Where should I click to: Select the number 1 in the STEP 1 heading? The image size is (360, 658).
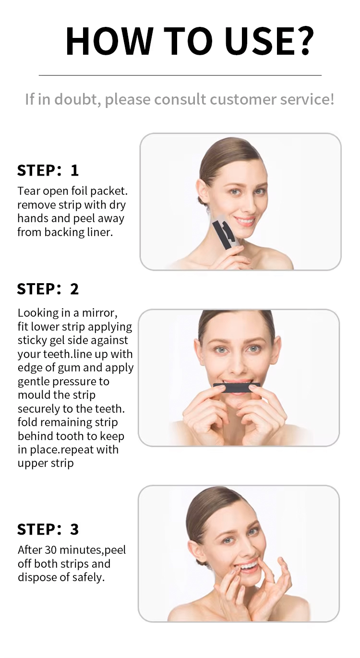[75, 170]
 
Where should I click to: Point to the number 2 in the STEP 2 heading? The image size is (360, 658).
[74, 289]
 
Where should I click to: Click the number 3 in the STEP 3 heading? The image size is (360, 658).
[74, 529]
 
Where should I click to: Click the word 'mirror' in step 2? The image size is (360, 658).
[99, 313]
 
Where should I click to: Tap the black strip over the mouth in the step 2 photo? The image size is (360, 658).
[237, 388]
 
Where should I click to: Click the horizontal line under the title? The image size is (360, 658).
[180, 75]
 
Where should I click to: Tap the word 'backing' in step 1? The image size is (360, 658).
[64, 232]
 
